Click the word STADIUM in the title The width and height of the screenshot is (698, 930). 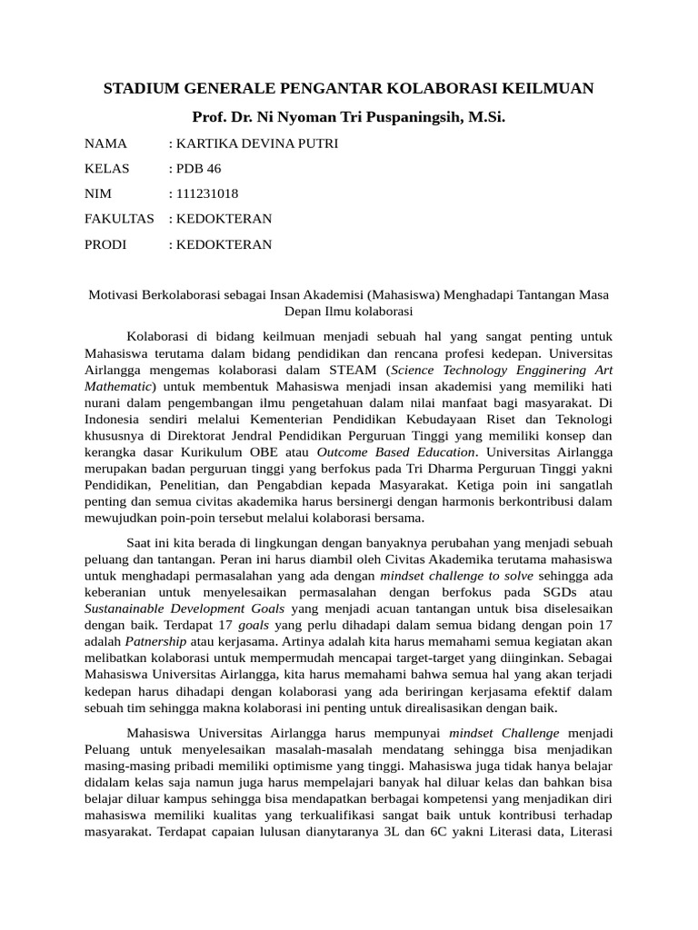(139, 88)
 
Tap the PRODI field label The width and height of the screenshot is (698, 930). (105, 244)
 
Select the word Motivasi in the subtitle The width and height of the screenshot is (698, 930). (113, 295)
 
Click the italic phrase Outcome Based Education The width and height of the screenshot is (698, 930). (395, 451)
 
